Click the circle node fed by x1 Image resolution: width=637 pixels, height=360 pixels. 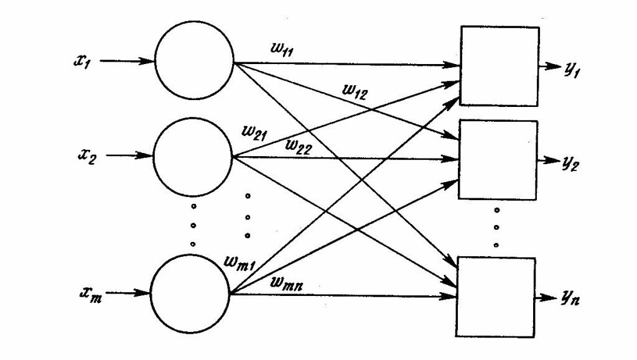(x=193, y=62)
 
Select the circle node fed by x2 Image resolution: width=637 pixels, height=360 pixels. (x=192, y=157)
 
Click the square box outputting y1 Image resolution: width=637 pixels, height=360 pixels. (x=498, y=65)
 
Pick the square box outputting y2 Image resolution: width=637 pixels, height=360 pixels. (x=498, y=159)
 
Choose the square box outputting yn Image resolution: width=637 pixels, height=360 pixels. (x=496, y=297)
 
